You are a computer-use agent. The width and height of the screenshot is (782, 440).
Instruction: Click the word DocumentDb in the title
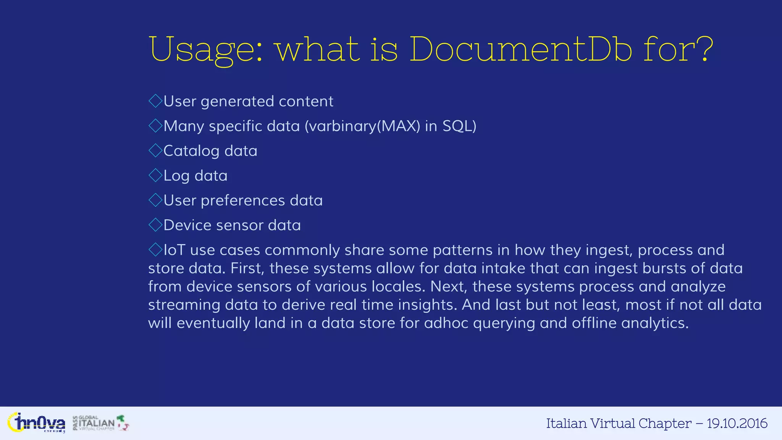pyautogui.click(x=521, y=50)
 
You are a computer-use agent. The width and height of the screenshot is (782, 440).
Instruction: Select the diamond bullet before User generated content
pyautogui.click(x=155, y=101)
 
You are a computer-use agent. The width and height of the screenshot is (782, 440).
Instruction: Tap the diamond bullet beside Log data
pyautogui.click(x=155, y=176)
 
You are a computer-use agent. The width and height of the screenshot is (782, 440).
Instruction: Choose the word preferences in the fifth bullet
pyautogui.click(x=243, y=201)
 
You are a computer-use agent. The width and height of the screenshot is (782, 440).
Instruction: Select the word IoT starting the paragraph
pyautogui.click(x=174, y=250)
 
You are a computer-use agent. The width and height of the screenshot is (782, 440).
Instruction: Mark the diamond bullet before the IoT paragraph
pyautogui.click(x=155, y=250)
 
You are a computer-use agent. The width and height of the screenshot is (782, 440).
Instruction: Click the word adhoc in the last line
pyautogui.click(x=446, y=324)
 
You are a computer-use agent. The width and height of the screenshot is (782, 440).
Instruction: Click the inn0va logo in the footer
pyautogui.click(x=36, y=423)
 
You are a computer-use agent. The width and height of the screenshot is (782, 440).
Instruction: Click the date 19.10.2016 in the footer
pyautogui.click(x=737, y=423)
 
